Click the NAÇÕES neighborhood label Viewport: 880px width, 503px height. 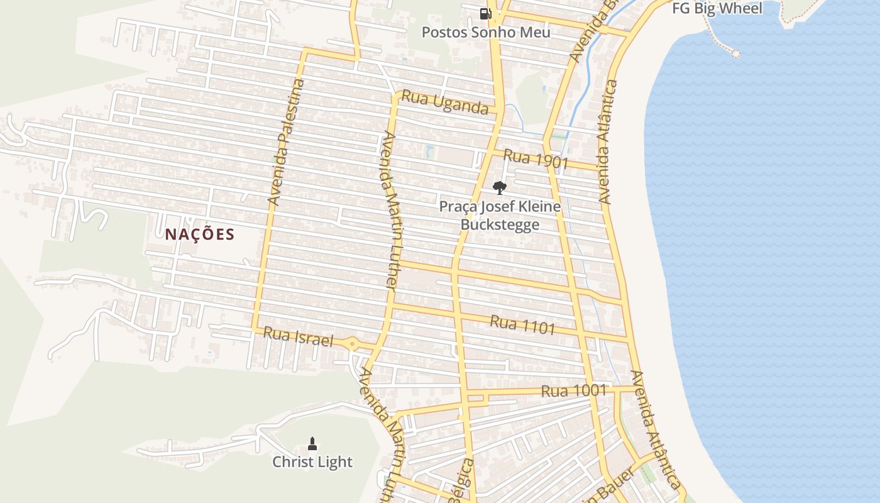[x=200, y=235]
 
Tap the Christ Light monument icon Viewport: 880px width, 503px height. [x=312, y=443]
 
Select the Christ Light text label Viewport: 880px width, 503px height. [x=312, y=462]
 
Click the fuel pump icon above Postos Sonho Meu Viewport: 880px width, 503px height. [x=485, y=13]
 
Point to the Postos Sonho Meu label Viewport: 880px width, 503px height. [x=485, y=32]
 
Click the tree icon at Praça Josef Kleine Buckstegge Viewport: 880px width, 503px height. [x=500, y=187]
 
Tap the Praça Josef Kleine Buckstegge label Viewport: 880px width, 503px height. [x=500, y=215]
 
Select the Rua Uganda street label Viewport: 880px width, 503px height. [x=444, y=102]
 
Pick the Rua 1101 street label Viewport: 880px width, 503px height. [x=522, y=325]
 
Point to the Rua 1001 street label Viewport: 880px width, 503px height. [x=573, y=391]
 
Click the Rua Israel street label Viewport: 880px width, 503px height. [x=297, y=337]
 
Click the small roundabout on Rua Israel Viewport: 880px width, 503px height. [x=352, y=343]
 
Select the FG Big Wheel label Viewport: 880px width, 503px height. [x=717, y=8]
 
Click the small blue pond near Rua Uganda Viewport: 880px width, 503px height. [x=429, y=151]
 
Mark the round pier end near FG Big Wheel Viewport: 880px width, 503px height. [x=735, y=54]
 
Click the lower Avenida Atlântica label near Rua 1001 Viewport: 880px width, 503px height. [x=656, y=429]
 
